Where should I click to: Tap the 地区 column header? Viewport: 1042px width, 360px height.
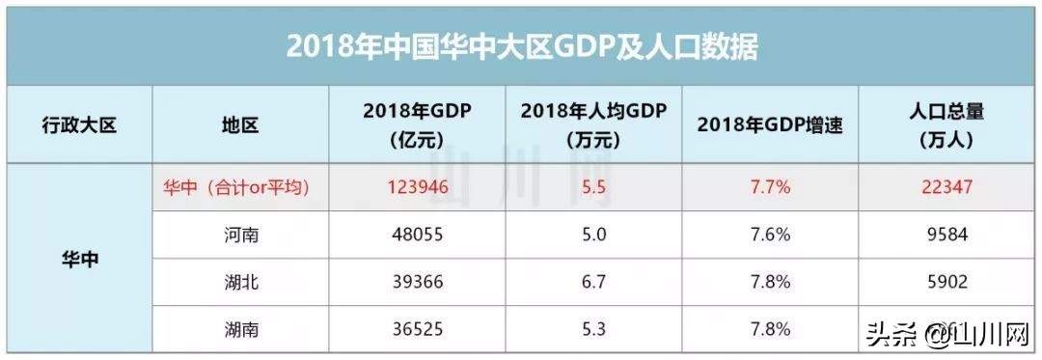point(240,125)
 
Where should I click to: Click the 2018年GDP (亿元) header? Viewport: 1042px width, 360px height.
point(417,125)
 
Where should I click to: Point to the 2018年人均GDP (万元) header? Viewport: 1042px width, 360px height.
point(593,125)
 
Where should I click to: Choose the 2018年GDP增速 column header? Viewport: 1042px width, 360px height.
point(770,125)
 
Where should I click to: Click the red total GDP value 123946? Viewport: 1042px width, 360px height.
point(417,187)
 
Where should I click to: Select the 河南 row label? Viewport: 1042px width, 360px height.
point(240,235)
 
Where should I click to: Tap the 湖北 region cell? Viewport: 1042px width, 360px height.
point(240,282)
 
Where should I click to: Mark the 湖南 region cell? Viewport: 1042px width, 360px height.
point(240,329)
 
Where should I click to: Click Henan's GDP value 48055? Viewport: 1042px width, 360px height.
point(417,235)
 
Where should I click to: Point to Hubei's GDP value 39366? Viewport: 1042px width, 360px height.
point(417,282)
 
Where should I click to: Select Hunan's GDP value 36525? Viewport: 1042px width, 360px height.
point(417,329)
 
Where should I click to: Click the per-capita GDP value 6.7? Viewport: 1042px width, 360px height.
point(593,282)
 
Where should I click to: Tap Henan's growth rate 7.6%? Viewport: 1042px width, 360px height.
point(770,235)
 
